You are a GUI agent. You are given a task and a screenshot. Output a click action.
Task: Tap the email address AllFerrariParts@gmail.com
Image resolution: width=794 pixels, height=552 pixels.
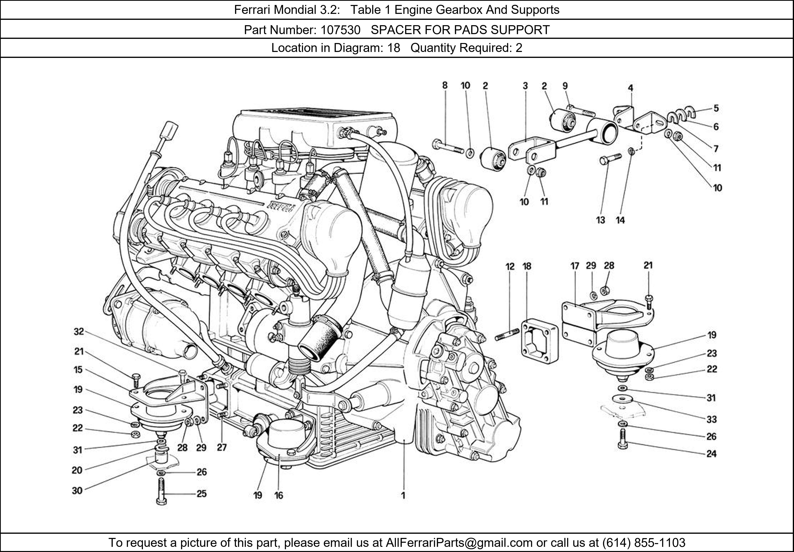click(459, 543)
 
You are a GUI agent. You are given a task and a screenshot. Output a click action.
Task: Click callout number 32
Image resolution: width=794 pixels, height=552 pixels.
click(79, 332)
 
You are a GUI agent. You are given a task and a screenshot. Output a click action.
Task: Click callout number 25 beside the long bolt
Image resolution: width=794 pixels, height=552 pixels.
click(202, 494)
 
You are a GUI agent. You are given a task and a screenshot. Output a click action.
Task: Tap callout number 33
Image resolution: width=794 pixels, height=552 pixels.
click(711, 419)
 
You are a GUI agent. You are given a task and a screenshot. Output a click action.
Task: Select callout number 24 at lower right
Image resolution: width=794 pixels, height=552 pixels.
click(711, 453)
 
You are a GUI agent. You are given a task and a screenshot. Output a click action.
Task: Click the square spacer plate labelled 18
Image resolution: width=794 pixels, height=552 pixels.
click(540, 341)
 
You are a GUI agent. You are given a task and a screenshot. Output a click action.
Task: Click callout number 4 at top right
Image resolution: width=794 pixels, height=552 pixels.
click(630, 88)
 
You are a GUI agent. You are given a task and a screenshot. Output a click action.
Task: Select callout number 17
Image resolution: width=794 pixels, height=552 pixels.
click(574, 266)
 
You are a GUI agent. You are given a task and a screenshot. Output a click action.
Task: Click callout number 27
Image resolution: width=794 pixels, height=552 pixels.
click(222, 448)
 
